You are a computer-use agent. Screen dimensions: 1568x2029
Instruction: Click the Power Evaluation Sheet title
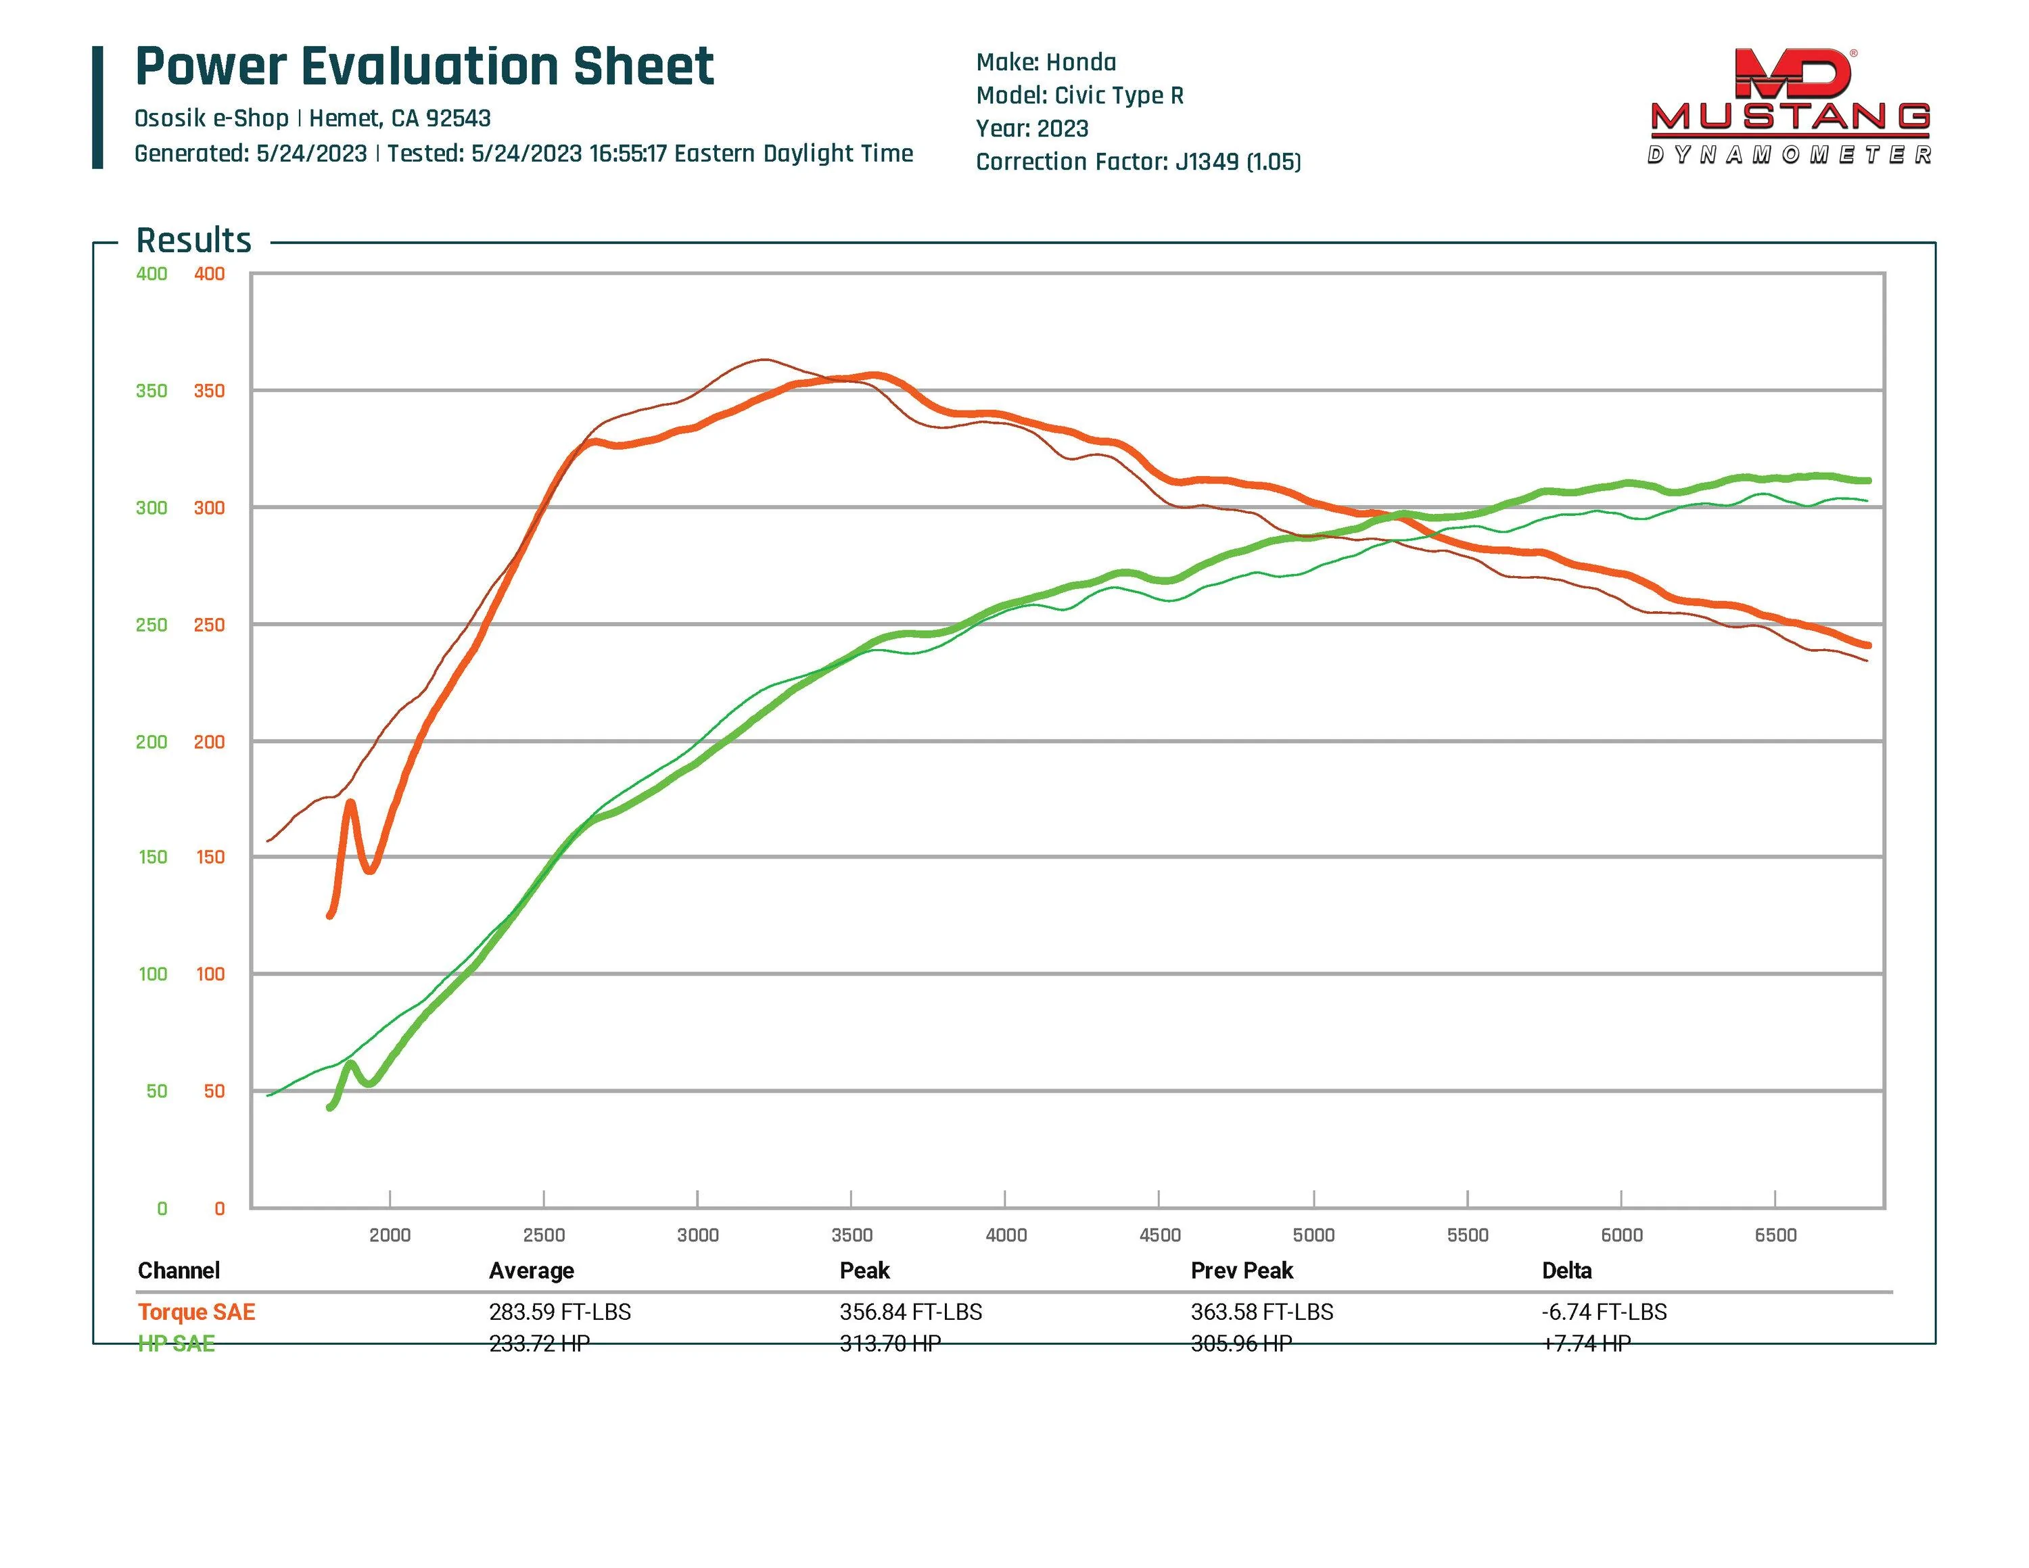(425, 67)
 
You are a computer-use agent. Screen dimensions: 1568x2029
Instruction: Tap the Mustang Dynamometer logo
(1790, 107)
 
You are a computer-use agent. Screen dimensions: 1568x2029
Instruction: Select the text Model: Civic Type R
(1079, 96)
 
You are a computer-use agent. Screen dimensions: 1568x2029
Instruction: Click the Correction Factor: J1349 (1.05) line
(1138, 162)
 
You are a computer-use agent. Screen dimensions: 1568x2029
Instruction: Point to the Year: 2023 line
(1031, 128)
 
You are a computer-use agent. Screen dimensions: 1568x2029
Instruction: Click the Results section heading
(193, 241)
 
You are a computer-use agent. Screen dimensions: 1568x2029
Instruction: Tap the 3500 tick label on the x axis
(851, 1235)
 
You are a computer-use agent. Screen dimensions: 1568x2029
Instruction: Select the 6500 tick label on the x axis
(1775, 1235)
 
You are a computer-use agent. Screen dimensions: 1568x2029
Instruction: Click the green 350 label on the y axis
(151, 391)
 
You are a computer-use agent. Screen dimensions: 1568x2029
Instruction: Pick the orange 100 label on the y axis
(210, 974)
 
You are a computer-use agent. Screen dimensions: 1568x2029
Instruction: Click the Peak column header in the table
(864, 1270)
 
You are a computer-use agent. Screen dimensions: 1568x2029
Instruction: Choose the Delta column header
(1566, 1270)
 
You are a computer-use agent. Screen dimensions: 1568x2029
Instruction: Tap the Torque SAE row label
(196, 1312)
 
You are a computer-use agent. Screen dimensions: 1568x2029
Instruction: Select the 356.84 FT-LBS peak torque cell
(910, 1312)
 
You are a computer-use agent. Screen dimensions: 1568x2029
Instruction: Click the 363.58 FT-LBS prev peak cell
(1261, 1312)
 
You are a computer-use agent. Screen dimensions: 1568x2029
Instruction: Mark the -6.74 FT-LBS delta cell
(1604, 1312)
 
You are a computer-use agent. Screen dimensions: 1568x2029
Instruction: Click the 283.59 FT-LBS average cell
(559, 1312)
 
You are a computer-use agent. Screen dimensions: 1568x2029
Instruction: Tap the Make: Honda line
(1045, 62)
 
